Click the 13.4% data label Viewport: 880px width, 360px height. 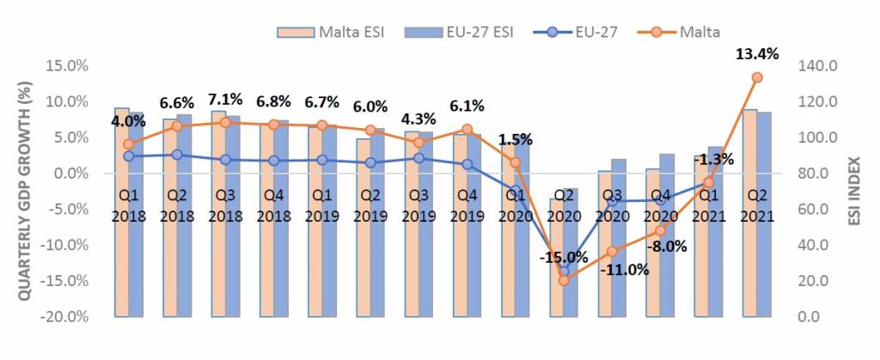pos(757,54)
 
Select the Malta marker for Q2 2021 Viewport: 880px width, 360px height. pos(757,77)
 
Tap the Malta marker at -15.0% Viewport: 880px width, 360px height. pos(564,280)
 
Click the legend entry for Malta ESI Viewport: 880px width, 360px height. pos(331,32)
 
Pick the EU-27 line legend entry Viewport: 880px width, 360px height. pos(571,32)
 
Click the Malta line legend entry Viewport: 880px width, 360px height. pos(680,32)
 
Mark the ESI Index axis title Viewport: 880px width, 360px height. pos(859,192)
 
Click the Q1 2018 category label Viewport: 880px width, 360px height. pos(128,205)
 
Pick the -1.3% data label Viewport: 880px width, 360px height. pos(713,159)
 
